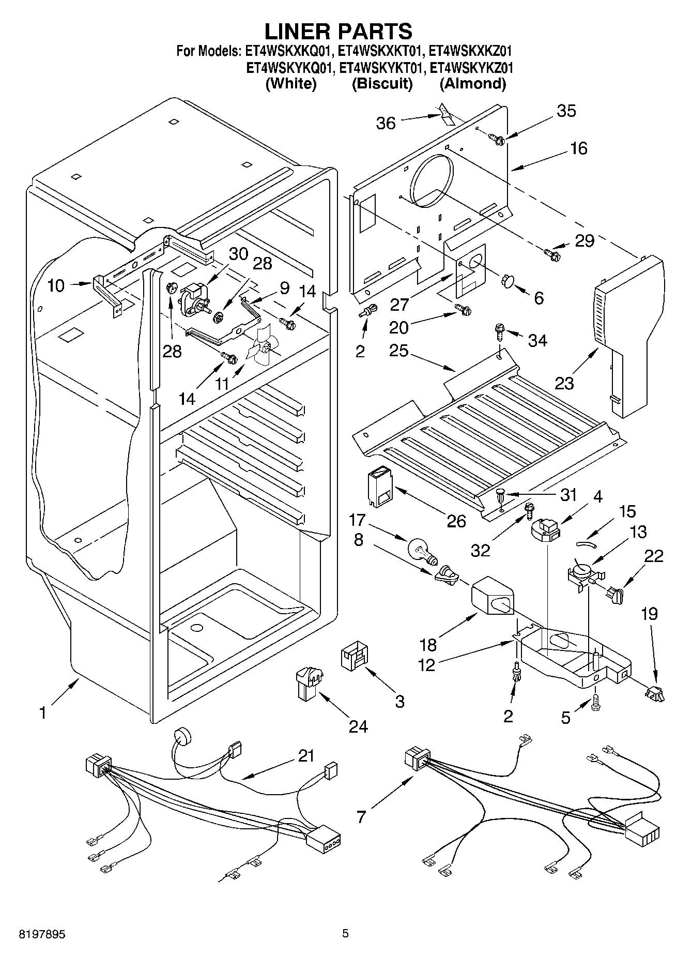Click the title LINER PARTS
[x=339, y=32]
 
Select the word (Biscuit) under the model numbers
[x=382, y=84]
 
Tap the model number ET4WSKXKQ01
[x=290, y=51]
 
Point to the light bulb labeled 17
[x=422, y=550]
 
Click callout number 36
[x=386, y=123]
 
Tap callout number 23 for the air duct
[x=565, y=383]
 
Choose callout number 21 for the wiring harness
[x=306, y=756]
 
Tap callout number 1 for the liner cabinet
[x=43, y=713]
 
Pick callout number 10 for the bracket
[x=56, y=285]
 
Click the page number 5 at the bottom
[x=345, y=934]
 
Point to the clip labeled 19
[x=655, y=693]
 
